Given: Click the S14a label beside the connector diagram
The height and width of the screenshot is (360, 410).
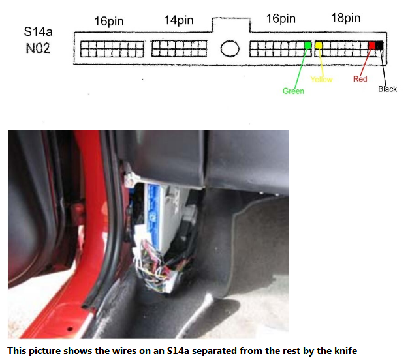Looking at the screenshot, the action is tap(38, 31).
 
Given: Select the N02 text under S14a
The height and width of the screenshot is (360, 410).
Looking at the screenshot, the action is tap(38, 48).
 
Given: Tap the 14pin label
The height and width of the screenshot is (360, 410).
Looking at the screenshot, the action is tap(179, 20).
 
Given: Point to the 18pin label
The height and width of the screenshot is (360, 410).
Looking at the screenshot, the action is tap(345, 18).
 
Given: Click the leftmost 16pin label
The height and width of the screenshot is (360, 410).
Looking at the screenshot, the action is tap(109, 21).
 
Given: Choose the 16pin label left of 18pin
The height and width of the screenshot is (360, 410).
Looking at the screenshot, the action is tap(281, 19).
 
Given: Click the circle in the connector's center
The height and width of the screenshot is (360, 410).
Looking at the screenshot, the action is tap(230, 49).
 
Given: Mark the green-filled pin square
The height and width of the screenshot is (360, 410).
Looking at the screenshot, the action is tap(308, 46).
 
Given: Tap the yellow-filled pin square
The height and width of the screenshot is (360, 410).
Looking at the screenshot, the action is tap(319, 46).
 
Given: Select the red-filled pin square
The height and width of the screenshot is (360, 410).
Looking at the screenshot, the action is tap(372, 46).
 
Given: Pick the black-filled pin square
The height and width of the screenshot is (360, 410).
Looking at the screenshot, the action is tap(379, 46).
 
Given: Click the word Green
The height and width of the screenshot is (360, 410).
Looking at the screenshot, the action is tap(293, 91).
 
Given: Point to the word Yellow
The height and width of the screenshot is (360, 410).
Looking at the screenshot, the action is tap(321, 79).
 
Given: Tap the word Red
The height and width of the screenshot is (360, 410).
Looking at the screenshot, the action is tap(360, 79).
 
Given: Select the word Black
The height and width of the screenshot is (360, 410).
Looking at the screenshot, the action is tap(387, 89).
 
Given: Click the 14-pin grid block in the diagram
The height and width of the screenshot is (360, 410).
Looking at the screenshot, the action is tap(179, 49).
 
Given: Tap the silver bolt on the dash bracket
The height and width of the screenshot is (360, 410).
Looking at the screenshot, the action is tap(129, 179).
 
